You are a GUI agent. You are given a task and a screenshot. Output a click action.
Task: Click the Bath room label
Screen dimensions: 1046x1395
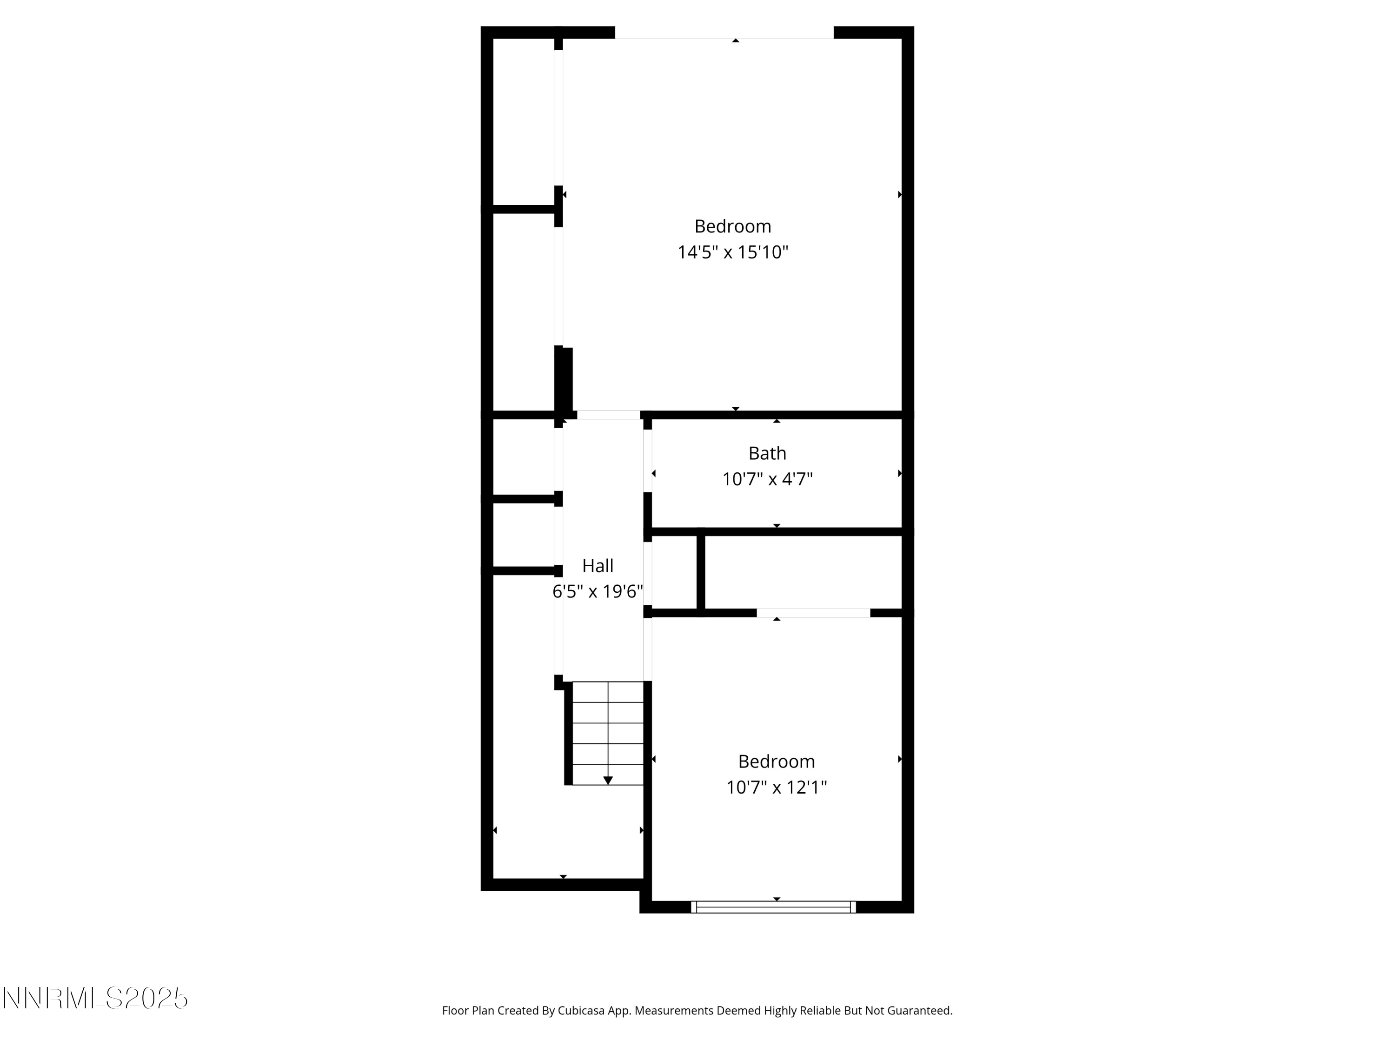767,453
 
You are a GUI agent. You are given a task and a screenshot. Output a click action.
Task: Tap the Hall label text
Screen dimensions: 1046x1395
597,566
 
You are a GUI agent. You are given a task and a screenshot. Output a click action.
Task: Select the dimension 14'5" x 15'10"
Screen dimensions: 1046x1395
733,252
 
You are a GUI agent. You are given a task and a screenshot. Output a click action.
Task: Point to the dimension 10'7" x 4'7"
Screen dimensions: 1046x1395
767,479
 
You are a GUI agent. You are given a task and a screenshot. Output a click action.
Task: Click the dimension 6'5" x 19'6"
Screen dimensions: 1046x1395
597,591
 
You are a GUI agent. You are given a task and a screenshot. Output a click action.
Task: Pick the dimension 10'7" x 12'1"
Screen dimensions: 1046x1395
777,788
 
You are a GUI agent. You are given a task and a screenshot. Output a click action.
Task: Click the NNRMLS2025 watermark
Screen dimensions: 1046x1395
96,998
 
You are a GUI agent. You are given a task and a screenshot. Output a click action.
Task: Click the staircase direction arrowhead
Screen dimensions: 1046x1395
608,781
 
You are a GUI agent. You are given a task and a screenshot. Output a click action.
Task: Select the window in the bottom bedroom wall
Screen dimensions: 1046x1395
773,907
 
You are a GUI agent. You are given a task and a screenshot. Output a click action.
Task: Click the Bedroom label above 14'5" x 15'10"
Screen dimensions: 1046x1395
733,226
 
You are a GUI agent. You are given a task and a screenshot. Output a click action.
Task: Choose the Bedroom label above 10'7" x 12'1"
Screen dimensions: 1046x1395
777,761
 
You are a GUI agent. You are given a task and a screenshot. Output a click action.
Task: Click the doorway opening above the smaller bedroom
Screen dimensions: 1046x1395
813,613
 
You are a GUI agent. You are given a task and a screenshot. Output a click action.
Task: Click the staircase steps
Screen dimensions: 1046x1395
608,733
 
